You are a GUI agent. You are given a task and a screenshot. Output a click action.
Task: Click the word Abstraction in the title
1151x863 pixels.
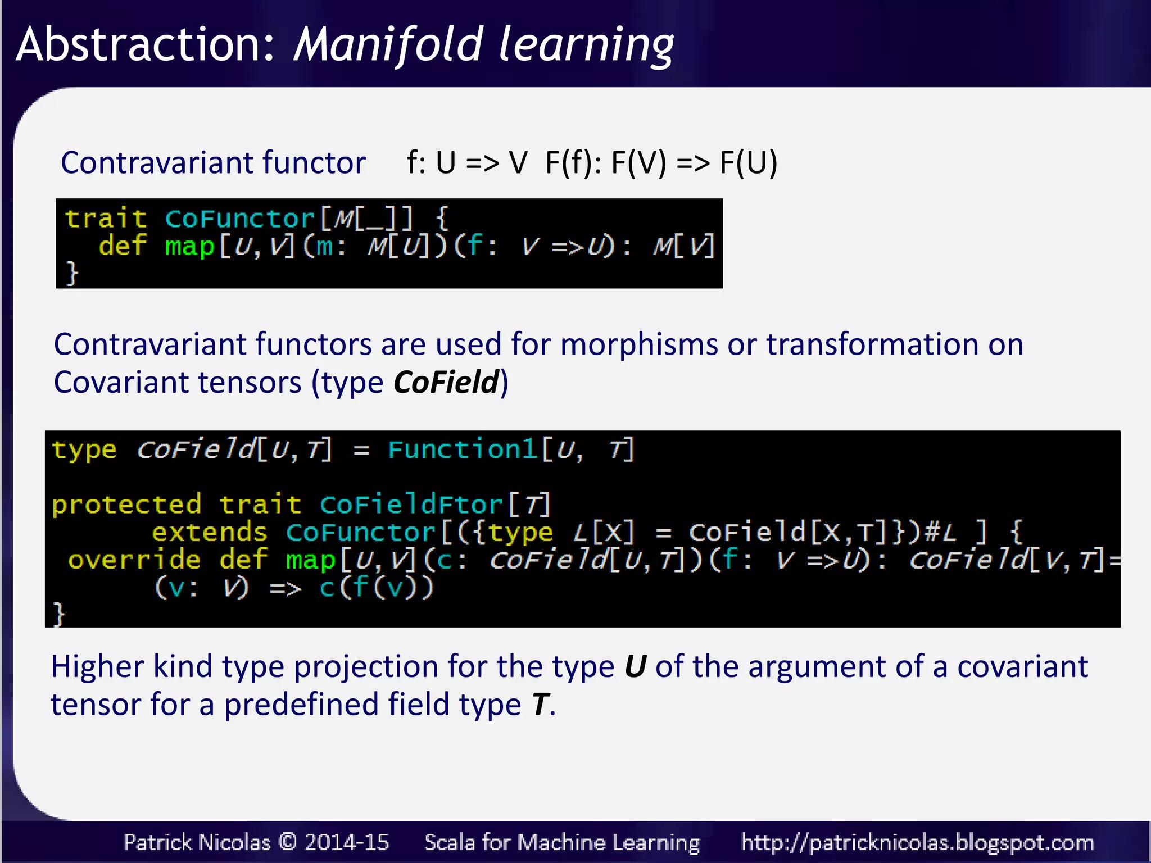pyautogui.click(x=145, y=45)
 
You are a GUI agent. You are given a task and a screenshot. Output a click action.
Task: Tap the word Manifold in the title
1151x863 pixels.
pyautogui.click(x=388, y=45)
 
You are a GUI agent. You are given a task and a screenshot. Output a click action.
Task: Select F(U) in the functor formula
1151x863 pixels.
pyautogui.click(x=748, y=163)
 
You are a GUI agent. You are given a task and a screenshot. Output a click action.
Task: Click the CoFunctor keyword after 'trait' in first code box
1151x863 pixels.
pyautogui.click(x=239, y=218)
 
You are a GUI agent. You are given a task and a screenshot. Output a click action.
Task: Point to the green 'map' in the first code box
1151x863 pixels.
pyautogui.click(x=189, y=246)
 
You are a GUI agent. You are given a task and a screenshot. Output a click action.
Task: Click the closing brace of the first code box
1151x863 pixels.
pyautogui.click(x=72, y=273)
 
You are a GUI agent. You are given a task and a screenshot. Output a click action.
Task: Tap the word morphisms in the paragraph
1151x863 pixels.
pyautogui.click(x=638, y=344)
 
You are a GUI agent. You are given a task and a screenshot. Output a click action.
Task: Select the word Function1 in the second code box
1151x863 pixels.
pyautogui.click(x=463, y=449)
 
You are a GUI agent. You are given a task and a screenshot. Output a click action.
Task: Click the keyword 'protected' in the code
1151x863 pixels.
pyautogui.click(x=126, y=504)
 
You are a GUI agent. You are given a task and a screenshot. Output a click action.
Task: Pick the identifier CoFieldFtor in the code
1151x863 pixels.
pyautogui.click(x=411, y=504)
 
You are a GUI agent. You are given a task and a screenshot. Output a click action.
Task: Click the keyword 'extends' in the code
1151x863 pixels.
pyautogui.click(x=209, y=532)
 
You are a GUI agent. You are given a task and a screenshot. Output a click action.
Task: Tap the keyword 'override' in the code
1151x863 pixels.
pyautogui.click(x=134, y=560)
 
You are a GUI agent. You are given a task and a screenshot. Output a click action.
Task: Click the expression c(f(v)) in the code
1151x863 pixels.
pyautogui.click(x=377, y=588)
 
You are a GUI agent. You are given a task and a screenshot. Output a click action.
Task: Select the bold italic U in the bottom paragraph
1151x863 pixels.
pyautogui.click(x=635, y=667)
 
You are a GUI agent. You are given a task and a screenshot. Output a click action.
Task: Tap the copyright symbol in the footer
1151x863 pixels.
pyautogui.click(x=288, y=842)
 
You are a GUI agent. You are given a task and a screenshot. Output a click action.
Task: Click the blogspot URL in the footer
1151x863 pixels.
pyautogui.click(x=917, y=842)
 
